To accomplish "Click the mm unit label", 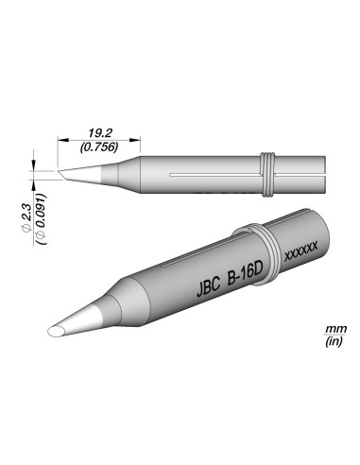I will tap(332, 329).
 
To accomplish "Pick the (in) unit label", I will tap(332, 341).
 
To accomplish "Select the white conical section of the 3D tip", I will tap(85, 317).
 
